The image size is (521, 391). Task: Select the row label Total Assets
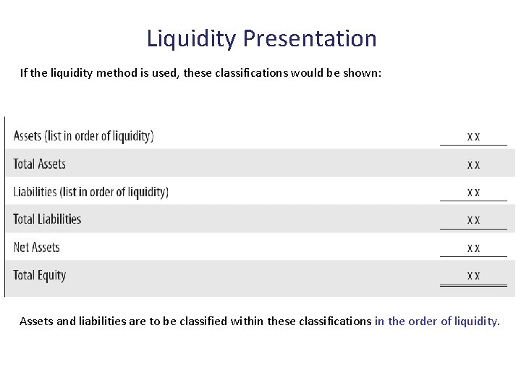point(40,164)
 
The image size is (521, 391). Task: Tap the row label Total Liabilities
point(47,219)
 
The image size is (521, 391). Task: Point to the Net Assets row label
point(37,247)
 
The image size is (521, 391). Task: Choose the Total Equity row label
point(40,275)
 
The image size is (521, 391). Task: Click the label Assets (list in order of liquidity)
point(83,135)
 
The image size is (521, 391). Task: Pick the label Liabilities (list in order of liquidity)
point(90,192)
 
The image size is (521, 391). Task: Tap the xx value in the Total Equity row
point(473,276)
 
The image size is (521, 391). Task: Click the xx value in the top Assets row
point(473,137)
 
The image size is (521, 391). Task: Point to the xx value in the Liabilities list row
point(473,193)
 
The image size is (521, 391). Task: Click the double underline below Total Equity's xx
point(473,286)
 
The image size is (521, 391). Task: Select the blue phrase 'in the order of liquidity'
point(436,321)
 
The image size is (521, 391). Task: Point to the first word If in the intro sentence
point(24,72)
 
